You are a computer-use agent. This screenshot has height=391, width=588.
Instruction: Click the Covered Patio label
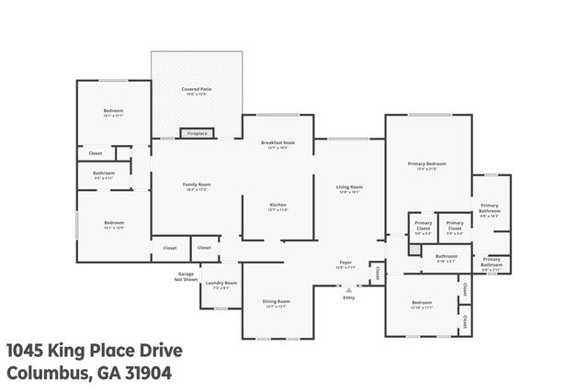point(197,90)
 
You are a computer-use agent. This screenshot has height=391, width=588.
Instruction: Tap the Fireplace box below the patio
point(198,133)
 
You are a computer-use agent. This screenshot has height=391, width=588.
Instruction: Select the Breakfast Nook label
point(277,143)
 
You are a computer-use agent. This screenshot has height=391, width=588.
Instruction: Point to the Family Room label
point(197,185)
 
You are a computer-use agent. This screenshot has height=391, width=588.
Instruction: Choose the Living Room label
point(349,187)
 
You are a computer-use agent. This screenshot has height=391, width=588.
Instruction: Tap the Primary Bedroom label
point(428,164)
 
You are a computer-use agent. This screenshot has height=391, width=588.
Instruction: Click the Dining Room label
point(277,301)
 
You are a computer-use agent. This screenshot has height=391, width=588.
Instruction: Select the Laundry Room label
point(221,283)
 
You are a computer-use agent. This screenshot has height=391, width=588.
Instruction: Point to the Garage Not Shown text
point(185,275)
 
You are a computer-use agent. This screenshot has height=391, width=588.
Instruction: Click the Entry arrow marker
point(348,289)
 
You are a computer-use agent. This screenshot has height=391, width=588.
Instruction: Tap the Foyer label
point(345,263)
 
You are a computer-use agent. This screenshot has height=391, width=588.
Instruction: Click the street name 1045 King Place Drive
point(95,350)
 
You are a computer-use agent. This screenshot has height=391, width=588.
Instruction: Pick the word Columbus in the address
point(47,373)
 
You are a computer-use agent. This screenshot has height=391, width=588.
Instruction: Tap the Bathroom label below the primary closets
point(447,256)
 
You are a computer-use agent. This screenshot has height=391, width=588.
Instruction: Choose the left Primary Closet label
point(423,225)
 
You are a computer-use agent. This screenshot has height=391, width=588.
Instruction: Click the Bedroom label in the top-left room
point(113,111)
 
